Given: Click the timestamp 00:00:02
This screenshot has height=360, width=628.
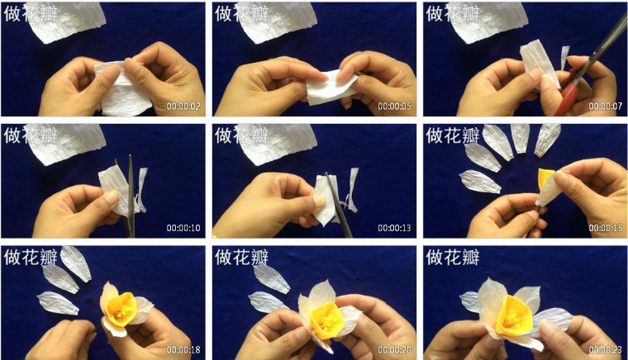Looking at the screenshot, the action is pyautogui.click(x=183, y=107).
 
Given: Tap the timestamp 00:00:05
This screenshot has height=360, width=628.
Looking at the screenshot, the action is pyautogui.click(x=394, y=107).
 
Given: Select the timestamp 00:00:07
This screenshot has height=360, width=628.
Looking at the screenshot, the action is pyautogui.click(x=605, y=107).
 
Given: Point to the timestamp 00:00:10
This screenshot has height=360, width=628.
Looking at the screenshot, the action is pyautogui.click(x=183, y=228).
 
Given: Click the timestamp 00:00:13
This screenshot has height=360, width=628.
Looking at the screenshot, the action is pyautogui.click(x=394, y=228).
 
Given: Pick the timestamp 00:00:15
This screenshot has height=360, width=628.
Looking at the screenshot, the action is pyautogui.click(x=605, y=228).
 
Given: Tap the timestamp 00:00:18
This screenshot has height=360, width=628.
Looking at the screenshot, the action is pyautogui.click(x=183, y=349).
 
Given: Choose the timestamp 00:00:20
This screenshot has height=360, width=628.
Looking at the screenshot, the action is pyautogui.click(x=394, y=349).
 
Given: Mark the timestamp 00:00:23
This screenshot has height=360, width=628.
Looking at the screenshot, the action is pyautogui.click(x=605, y=349).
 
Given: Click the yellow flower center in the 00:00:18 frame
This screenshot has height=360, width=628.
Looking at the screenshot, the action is pyautogui.click(x=121, y=310).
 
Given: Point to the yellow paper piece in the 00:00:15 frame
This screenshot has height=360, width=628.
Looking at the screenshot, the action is pyautogui.click(x=545, y=179).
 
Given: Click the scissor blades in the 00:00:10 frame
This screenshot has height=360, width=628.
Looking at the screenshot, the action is pyautogui.click(x=131, y=196).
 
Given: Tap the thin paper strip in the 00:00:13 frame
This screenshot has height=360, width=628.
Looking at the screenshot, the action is pyautogui.click(x=353, y=190).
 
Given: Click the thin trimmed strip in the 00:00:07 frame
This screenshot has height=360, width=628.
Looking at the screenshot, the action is pyautogui.click(x=564, y=57).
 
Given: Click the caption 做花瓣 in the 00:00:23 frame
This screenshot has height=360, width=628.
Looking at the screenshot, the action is pyautogui.click(x=453, y=257).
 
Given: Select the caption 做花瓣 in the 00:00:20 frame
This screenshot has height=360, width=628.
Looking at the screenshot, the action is pyautogui.click(x=241, y=257).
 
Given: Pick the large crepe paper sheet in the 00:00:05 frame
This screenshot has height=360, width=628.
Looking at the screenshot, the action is pyautogui.click(x=276, y=23).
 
